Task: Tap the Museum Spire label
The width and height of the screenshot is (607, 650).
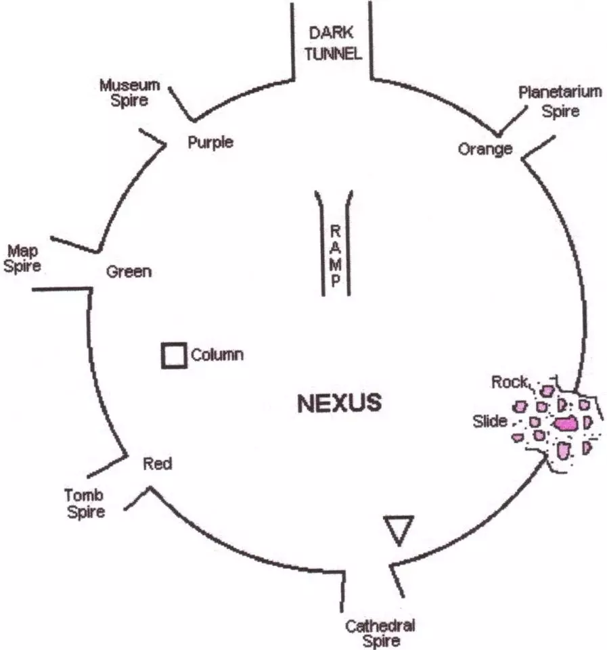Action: [129, 93]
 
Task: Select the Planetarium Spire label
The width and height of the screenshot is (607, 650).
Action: [560, 101]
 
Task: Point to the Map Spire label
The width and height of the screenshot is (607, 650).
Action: [22, 258]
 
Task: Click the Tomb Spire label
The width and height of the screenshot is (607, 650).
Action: [85, 503]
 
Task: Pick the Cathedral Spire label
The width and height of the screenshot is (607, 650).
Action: [380, 632]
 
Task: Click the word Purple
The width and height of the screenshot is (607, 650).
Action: [210, 142]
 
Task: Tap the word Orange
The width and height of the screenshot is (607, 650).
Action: [485, 149]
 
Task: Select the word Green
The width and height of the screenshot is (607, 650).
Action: [129, 272]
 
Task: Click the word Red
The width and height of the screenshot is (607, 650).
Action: [158, 464]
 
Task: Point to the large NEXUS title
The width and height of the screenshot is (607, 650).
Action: [340, 404]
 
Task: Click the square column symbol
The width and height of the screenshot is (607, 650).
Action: [174, 356]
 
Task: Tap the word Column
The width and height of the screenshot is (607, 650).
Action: [217, 354]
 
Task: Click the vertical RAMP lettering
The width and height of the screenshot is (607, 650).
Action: [334, 256]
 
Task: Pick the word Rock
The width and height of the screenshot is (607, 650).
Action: [509, 383]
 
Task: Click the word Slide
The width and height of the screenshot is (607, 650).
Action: [490, 422]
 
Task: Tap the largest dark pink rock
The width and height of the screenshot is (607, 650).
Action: [565, 424]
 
